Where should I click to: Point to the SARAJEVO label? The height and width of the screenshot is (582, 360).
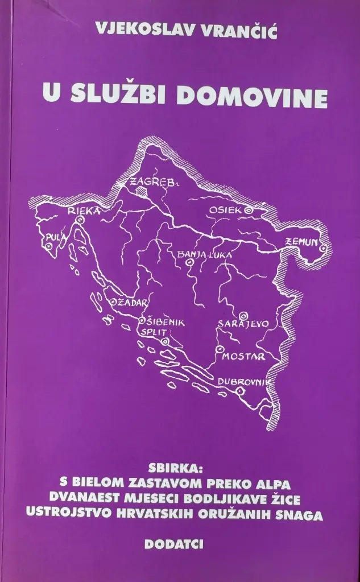pyautogui.click(x=243, y=324)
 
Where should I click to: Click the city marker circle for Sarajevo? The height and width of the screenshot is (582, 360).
pyautogui.click(x=244, y=314)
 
